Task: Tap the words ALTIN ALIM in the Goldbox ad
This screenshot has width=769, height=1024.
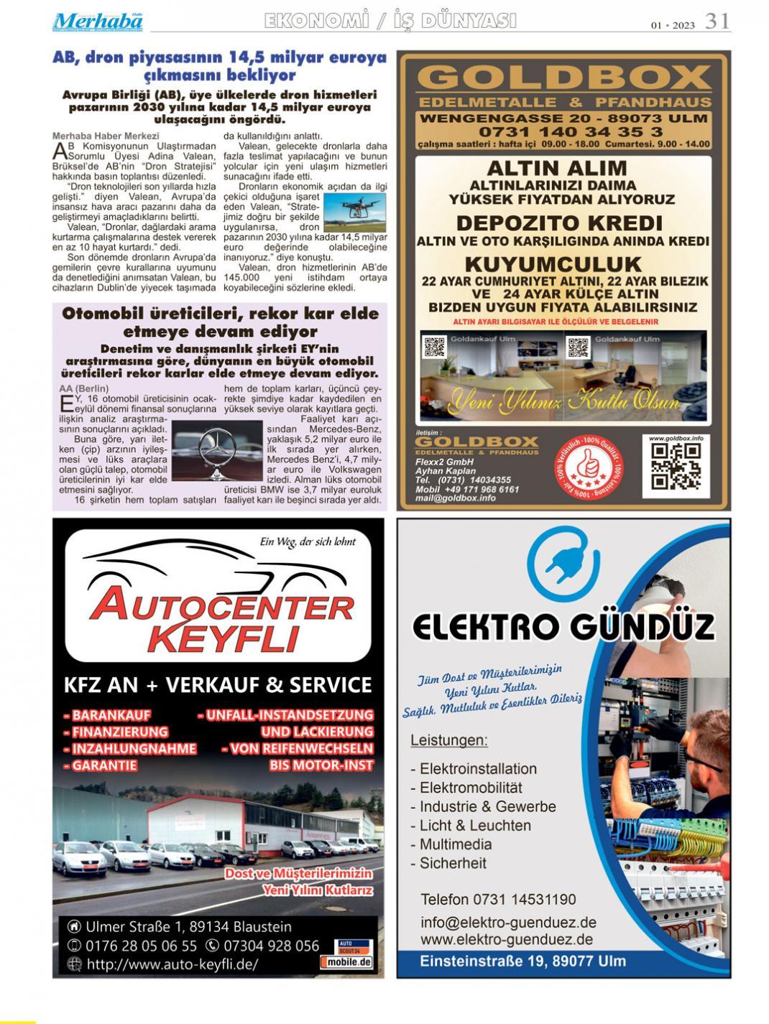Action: click(557, 168)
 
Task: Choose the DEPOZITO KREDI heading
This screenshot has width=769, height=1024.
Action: click(559, 222)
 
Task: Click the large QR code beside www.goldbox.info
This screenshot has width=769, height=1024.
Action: click(676, 466)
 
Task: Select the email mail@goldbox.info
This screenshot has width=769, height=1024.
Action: click(456, 498)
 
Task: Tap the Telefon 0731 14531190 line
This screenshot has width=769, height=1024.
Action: click(498, 899)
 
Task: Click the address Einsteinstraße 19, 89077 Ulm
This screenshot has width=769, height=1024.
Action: click(522, 961)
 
